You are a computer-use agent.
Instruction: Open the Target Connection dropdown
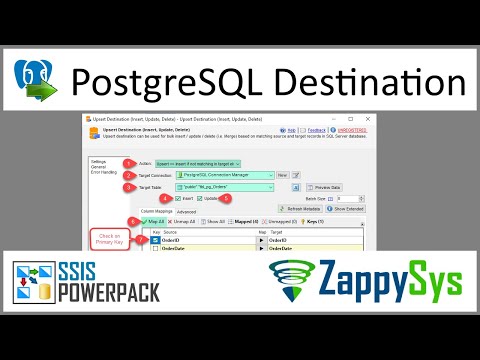(x=213, y=175)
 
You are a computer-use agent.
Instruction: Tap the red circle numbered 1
(x=128, y=163)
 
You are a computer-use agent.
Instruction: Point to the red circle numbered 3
(x=128, y=187)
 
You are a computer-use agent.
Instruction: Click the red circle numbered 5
(x=227, y=198)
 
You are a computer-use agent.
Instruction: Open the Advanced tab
(x=173, y=212)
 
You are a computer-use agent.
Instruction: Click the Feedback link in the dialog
(x=316, y=129)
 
